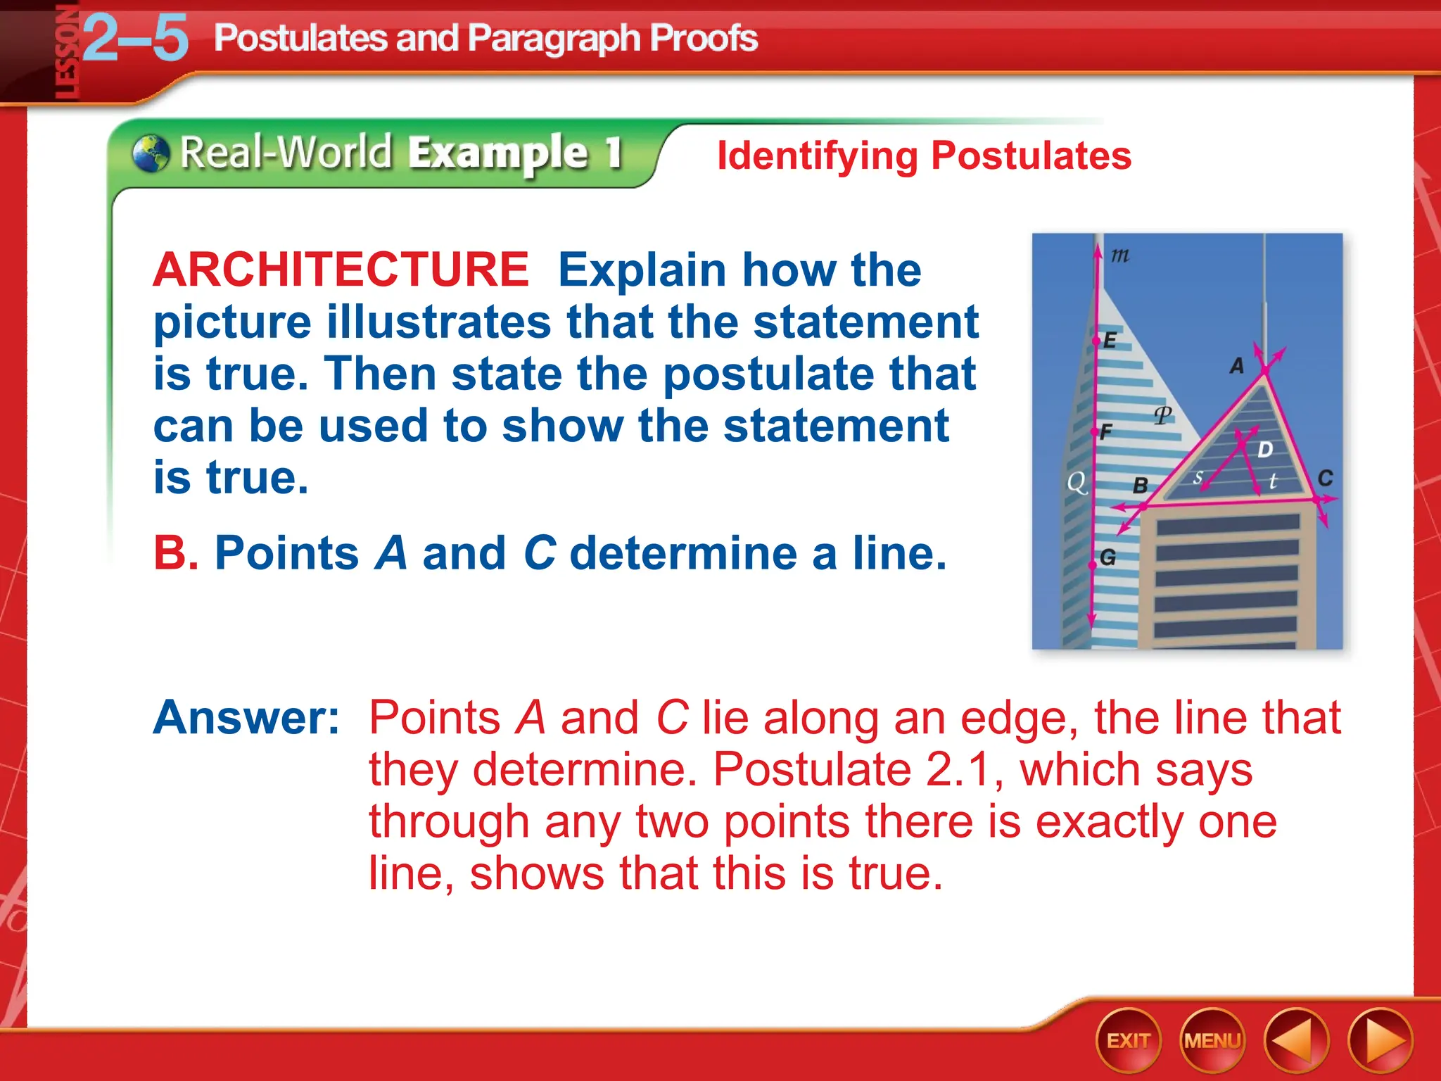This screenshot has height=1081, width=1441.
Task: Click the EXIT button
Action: click(1128, 1040)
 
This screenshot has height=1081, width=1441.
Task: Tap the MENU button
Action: click(1212, 1040)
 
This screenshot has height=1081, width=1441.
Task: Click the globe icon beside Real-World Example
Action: click(151, 153)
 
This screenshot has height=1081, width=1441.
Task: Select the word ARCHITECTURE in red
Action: click(341, 270)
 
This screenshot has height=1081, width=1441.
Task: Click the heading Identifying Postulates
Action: click(924, 156)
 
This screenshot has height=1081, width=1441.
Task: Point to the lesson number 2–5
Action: click(136, 39)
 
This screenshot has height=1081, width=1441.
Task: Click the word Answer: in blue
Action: click(246, 718)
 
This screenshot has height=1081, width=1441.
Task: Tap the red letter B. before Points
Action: click(175, 553)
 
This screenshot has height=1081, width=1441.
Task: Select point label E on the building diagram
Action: click(1110, 341)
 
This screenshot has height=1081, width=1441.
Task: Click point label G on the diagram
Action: click(1107, 557)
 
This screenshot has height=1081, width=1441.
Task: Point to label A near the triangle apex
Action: click(1236, 366)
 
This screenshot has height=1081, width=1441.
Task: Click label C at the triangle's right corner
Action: click(1325, 479)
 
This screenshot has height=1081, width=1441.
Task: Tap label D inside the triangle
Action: click(1264, 450)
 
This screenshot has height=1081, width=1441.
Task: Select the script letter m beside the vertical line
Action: click(1120, 255)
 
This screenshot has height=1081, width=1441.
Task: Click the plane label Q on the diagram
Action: click(1077, 483)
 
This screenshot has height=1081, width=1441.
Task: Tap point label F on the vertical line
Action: click(1105, 431)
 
